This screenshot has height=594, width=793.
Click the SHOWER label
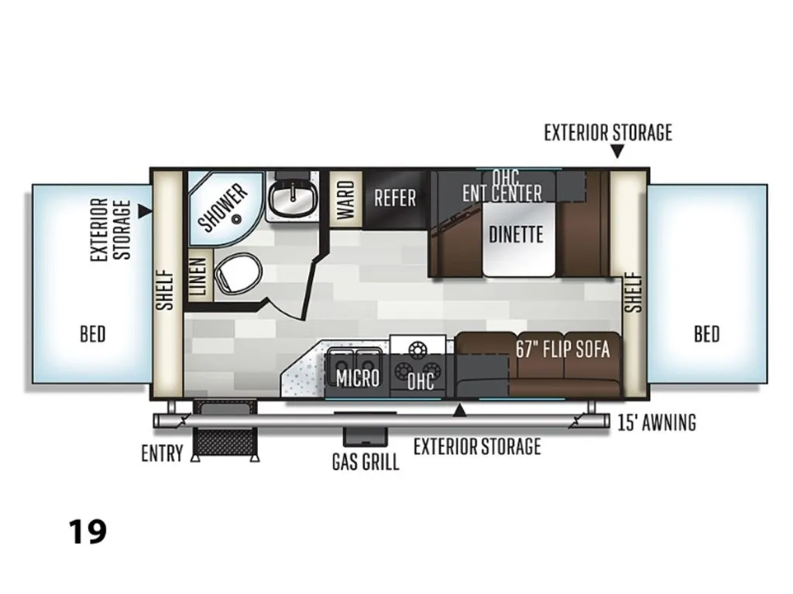click(223, 207)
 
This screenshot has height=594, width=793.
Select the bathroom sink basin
click(292, 197)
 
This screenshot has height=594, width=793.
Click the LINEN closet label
click(199, 276)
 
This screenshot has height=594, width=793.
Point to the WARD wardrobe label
click(346, 200)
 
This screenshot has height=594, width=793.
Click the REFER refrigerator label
click(395, 197)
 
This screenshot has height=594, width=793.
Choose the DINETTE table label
click(516, 234)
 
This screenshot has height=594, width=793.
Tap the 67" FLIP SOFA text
click(562, 349)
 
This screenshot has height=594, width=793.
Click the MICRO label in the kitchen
click(358, 377)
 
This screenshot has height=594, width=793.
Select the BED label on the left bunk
click(93, 334)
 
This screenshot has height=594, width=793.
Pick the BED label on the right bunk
click(706, 334)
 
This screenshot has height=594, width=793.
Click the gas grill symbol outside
click(366, 436)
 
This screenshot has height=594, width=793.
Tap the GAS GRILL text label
click(366, 461)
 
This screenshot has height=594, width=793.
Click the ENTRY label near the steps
click(162, 453)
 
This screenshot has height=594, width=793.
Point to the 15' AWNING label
click(657, 422)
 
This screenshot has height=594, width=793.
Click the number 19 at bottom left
click(88, 532)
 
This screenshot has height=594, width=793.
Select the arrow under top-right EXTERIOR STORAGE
click(617, 151)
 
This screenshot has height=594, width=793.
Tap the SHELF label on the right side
click(633, 292)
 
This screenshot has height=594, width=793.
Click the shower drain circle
click(236, 219)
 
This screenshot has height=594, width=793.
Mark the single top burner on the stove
click(417, 349)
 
